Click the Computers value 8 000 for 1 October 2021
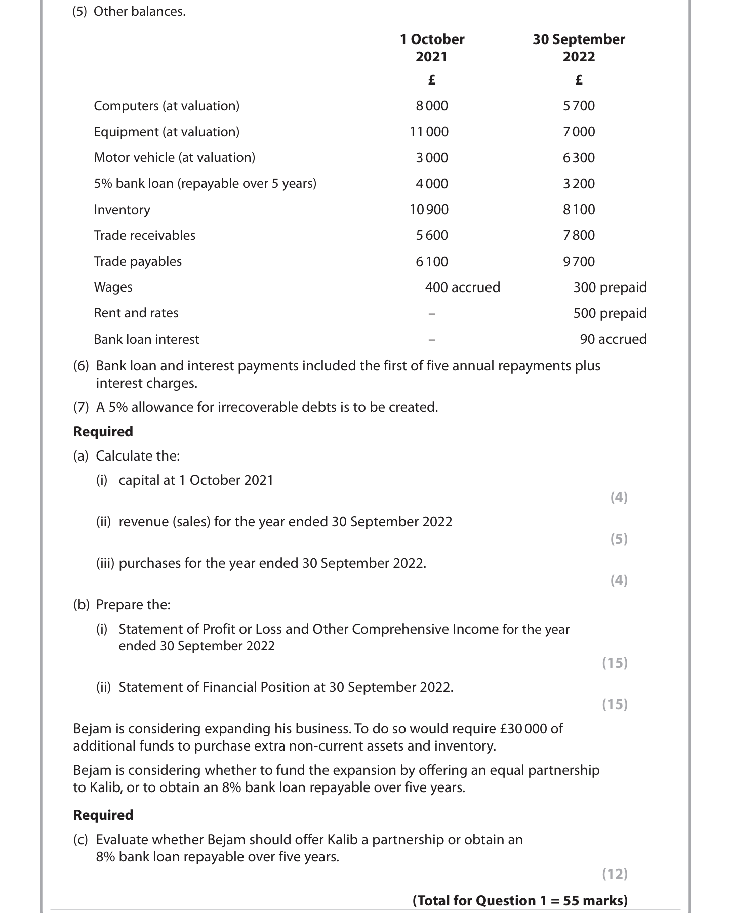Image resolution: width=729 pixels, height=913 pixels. click(x=431, y=106)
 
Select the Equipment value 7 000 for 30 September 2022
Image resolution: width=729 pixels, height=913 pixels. click(x=579, y=132)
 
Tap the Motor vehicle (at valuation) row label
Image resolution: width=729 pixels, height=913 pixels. click(x=174, y=157)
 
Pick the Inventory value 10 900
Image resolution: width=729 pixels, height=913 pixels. click(x=429, y=210)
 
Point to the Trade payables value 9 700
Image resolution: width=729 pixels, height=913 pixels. click(x=579, y=262)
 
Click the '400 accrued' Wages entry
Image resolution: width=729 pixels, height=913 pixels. click(x=462, y=287)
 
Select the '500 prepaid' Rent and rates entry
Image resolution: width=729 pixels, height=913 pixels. click(x=610, y=313)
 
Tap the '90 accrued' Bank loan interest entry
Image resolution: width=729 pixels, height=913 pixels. click(x=613, y=339)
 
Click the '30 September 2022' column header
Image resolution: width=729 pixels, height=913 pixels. click(x=579, y=48)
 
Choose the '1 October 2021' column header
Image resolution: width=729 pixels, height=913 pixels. click(x=432, y=48)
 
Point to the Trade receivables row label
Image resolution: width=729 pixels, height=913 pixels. click(x=144, y=235)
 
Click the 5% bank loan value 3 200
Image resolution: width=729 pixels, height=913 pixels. click(x=579, y=183)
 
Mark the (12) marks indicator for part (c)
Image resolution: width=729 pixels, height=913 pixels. click(x=615, y=874)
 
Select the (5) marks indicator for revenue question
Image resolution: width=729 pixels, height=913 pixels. click(x=619, y=538)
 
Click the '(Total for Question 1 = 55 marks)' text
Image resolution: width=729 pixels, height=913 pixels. click(x=520, y=900)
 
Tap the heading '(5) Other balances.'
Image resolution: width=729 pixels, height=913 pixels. click(x=129, y=12)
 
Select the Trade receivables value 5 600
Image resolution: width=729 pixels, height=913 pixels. click(x=431, y=235)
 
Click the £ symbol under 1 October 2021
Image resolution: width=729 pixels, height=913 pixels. click(x=431, y=80)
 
